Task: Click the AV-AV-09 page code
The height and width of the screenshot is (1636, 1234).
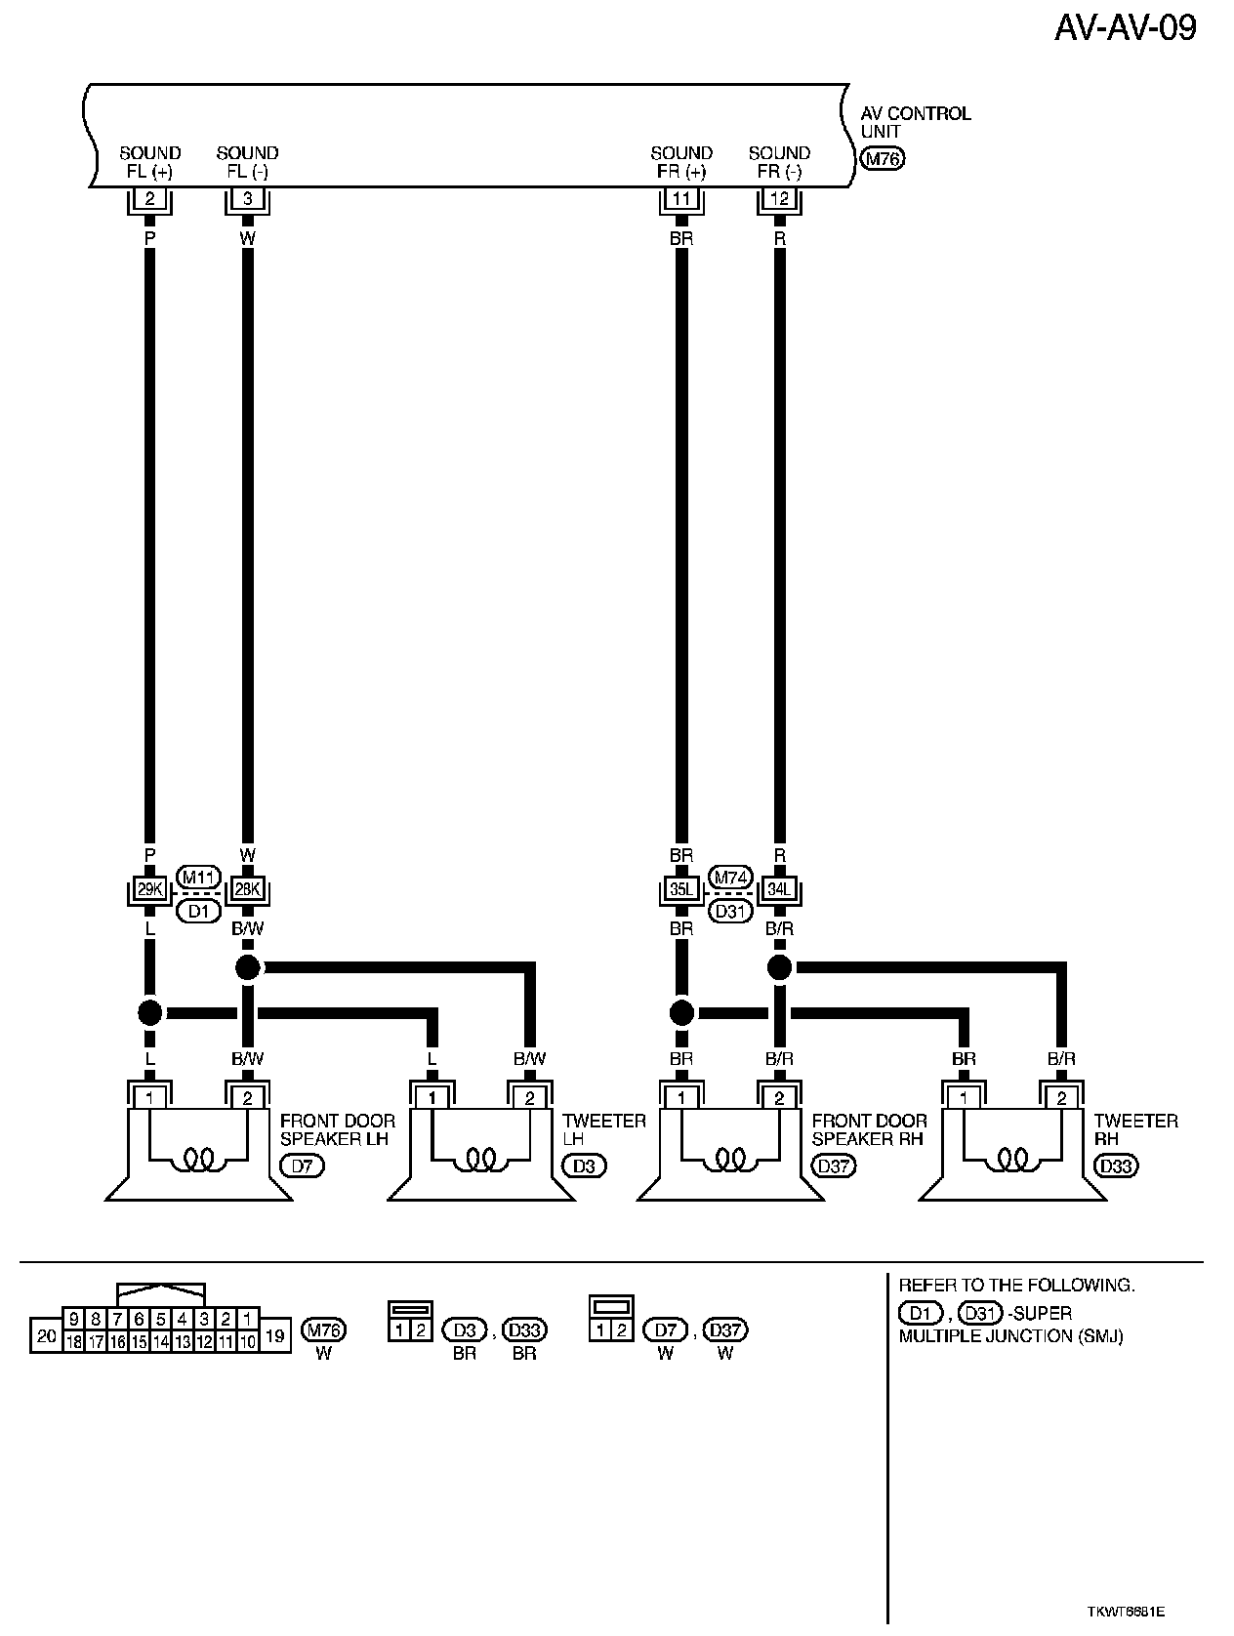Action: point(1125,27)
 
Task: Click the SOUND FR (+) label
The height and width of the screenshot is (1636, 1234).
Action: point(681,162)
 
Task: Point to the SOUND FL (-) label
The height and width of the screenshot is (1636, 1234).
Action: point(247,162)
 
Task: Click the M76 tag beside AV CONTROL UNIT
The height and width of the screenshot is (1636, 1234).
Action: point(883,159)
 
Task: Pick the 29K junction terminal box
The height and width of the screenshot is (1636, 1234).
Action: point(149,890)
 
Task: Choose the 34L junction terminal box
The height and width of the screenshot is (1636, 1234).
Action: point(779,890)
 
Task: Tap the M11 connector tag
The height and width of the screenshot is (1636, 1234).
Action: point(198,877)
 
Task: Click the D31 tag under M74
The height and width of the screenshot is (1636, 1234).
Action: point(730,912)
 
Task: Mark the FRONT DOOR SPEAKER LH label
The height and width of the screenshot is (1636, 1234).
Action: point(338,1129)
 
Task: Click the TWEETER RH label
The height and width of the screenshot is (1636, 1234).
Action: point(1135,1129)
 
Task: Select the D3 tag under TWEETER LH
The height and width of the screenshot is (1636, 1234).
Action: point(584,1166)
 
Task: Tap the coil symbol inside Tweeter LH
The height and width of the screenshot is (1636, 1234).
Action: point(480,1159)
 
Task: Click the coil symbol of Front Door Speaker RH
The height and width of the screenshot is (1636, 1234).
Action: point(729,1159)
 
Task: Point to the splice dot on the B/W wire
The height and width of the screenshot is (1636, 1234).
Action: point(248,967)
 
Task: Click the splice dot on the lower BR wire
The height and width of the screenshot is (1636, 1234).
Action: point(681,1012)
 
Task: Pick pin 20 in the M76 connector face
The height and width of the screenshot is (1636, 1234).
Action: point(46,1335)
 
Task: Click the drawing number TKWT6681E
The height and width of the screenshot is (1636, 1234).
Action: point(1128,1610)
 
